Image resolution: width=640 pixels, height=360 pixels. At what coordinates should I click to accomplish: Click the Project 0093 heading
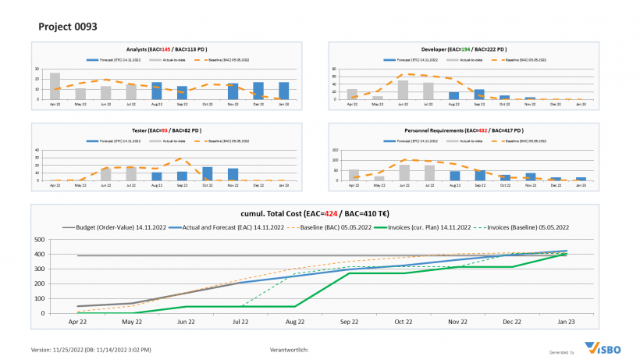click(68, 27)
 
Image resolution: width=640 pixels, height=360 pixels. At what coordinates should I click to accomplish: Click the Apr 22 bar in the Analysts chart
click(55, 86)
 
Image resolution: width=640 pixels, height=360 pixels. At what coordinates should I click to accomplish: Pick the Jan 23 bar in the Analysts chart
click(283, 91)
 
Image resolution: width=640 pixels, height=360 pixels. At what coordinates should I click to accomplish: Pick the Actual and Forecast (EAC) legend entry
click(234, 226)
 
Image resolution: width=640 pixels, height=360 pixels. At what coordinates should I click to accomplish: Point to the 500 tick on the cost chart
click(39, 240)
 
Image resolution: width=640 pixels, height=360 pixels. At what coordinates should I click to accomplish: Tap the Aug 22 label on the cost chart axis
click(296, 321)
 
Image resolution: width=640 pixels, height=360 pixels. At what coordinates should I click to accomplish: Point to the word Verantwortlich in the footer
click(289, 349)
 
